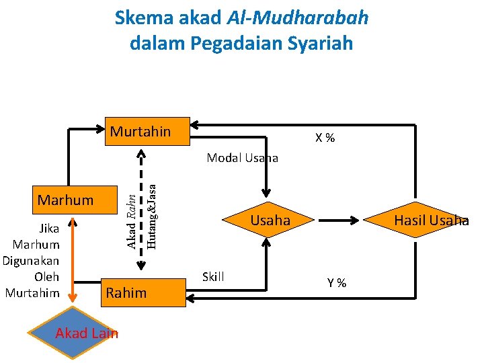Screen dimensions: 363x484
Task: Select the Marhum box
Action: [66, 200]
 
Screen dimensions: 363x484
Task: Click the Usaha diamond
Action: [270, 220]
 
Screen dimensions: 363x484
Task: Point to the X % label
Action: [325, 138]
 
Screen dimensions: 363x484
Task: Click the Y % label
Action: [337, 283]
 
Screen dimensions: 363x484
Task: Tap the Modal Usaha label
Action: [242, 158]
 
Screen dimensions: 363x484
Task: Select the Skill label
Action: [213, 277]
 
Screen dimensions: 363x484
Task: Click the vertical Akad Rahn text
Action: [132, 220]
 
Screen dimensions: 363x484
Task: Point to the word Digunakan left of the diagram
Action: [31, 260]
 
